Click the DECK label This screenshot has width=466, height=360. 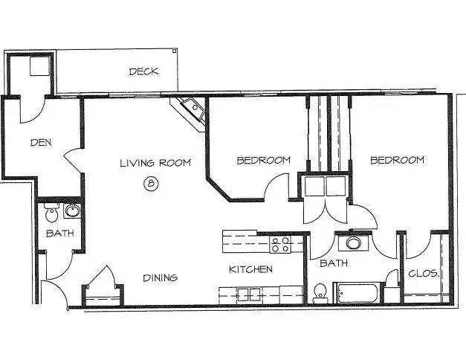[144, 71]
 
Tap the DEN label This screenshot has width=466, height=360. [41, 143]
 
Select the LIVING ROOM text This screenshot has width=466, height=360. [155, 163]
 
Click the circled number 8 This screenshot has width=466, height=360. [151, 183]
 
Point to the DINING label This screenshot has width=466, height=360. [161, 278]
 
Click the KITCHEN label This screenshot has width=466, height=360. [250, 269]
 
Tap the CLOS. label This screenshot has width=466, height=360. [424, 273]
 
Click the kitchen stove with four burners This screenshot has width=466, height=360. [280, 244]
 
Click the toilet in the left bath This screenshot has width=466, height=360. [51, 213]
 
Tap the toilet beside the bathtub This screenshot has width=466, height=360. [320, 293]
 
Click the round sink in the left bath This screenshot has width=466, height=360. [72, 210]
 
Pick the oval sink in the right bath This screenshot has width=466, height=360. [353, 242]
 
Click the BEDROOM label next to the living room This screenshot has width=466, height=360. [263, 161]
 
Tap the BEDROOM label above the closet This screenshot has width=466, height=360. [397, 160]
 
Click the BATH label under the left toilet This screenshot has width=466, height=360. [59, 234]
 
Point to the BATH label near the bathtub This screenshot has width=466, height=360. [334, 263]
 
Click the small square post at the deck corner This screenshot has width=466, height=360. [174, 51]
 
